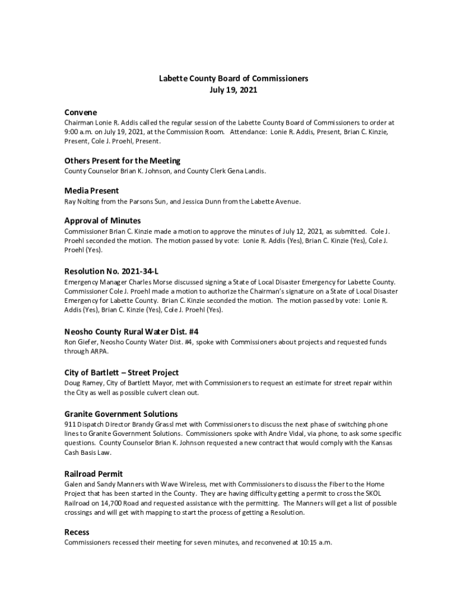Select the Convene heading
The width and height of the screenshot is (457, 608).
tap(81, 112)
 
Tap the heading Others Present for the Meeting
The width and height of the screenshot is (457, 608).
tap(122, 161)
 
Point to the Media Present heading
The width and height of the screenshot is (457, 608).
tap(91, 191)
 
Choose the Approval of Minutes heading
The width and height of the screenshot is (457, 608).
tap(103, 221)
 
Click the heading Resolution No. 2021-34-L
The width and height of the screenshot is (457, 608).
tap(112, 271)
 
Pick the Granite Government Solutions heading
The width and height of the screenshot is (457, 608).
tap(121, 414)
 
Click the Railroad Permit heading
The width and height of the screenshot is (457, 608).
tap(94, 474)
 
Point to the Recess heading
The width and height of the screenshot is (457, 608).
tap(77, 532)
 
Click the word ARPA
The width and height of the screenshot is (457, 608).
tap(100, 351)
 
